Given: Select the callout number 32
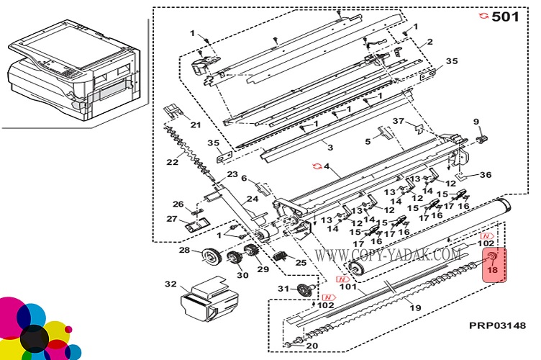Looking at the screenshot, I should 170,284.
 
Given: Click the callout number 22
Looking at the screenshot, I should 171,162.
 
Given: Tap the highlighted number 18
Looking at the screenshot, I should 493,270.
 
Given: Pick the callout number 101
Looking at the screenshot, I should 348,286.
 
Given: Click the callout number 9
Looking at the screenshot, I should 476,121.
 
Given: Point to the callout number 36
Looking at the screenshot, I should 486,175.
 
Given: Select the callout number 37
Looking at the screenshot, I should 398,120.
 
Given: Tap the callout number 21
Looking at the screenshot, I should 196,125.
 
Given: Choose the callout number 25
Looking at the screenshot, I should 300,262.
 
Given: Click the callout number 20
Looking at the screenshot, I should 312,346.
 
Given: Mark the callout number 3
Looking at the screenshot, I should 330,148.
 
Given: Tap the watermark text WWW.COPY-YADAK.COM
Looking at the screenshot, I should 387,254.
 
